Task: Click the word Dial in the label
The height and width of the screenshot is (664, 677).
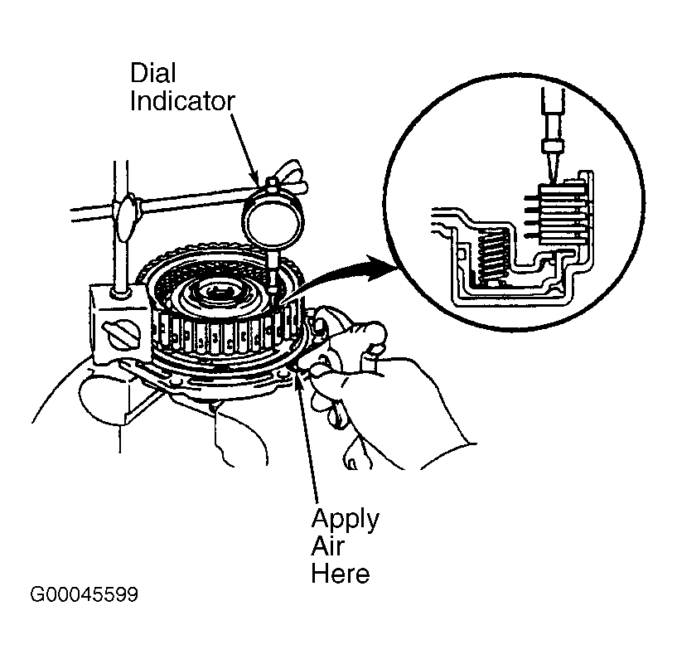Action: click(152, 73)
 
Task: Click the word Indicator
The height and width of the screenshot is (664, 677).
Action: click(182, 101)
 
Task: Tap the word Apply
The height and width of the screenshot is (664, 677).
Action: click(345, 520)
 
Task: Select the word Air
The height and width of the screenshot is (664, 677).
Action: click(327, 546)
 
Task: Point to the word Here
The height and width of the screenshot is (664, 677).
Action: click(341, 574)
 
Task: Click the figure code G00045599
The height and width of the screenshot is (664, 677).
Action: click(85, 594)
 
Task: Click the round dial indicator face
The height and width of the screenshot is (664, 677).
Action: click(273, 220)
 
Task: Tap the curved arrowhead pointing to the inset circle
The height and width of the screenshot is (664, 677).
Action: click(381, 267)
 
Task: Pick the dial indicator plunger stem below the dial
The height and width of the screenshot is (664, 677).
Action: click(273, 271)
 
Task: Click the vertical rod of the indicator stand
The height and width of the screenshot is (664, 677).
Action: click(121, 225)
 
